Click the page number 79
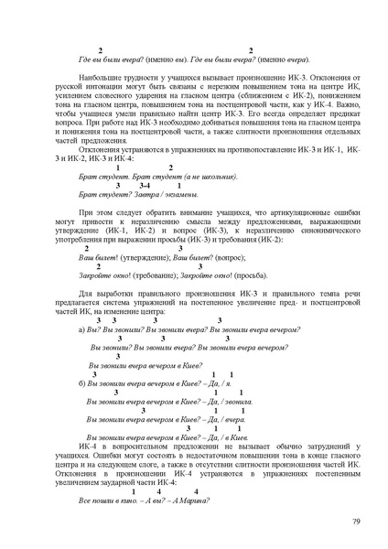click(356, 522)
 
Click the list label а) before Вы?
click(83, 328)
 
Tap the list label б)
click(83, 383)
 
